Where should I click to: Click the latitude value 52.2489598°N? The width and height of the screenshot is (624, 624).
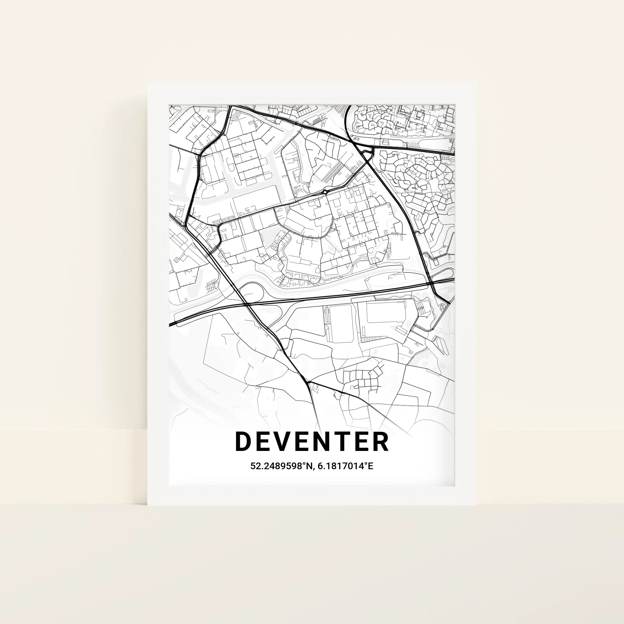(281, 466)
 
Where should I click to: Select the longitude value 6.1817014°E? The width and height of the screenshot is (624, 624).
(345, 466)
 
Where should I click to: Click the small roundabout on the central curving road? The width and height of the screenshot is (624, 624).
(324, 193)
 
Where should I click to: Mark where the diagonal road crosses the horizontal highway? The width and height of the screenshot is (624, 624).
(246, 304)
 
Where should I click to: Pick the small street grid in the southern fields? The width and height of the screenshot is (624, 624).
(362, 378)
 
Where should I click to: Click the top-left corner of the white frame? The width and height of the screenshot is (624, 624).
(148, 84)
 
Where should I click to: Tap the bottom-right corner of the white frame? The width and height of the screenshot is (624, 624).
(476, 505)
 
